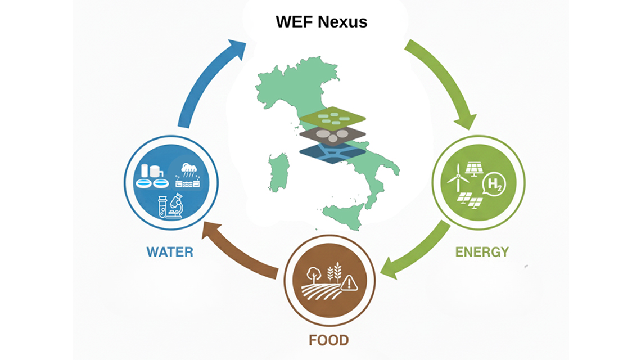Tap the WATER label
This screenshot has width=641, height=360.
pyautogui.click(x=170, y=251)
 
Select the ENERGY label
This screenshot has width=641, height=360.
pyautogui.click(x=482, y=251)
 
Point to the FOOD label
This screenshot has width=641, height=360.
pyautogui.click(x=328, y=340)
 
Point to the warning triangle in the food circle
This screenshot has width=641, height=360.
pyautogui.click(x=349, y=282)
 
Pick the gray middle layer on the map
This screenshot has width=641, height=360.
pyautogui.click(x=332, y=136)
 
